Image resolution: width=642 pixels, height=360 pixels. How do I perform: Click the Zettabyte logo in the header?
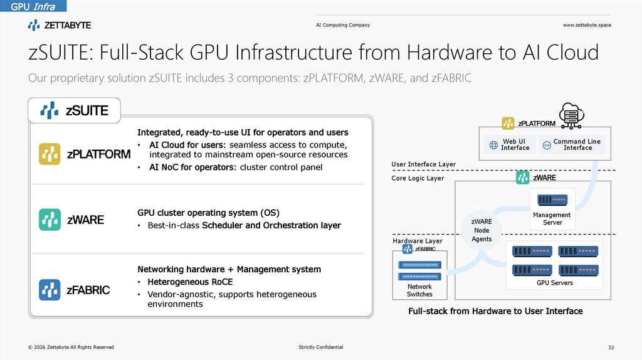(60, 25)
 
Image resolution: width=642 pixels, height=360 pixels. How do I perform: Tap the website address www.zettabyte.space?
(587, 25)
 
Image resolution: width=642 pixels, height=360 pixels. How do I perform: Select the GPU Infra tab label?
(33, 7)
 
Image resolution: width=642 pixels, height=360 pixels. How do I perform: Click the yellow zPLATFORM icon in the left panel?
(50, 154)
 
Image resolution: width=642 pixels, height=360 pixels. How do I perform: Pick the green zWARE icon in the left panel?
(50, 220)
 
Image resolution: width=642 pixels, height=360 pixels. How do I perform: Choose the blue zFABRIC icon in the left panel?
(50, 290)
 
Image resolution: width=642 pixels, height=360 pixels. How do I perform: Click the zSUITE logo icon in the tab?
(50, 111)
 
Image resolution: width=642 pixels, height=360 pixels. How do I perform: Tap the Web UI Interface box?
(509, 145)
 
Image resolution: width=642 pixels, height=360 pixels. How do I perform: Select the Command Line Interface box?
(571, 145)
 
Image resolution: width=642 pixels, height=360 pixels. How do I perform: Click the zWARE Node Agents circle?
(481, 230)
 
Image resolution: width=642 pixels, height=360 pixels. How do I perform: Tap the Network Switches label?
(419, 290)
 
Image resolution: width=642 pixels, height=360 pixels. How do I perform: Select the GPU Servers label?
(554, 283)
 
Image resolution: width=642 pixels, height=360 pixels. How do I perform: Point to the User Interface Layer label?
(423, 164)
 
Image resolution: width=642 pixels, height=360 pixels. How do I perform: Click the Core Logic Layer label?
(418, 178)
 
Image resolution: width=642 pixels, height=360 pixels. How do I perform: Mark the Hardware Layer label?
(417, 241)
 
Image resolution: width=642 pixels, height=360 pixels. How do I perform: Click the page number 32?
(611, 347)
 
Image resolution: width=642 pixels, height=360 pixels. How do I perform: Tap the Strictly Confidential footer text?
(321, 347)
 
